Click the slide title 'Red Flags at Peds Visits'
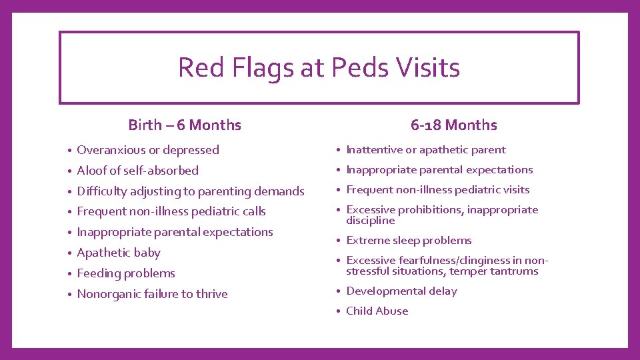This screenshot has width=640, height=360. [x=319, y=67]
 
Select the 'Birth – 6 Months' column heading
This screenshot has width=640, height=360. [x=185, y=125]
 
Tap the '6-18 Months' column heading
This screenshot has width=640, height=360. [x=453, y=125]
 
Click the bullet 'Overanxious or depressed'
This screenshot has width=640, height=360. [x=148, y=150]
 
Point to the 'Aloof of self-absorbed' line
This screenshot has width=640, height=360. [x=137, y=171]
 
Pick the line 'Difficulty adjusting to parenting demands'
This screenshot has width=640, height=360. [x=191, y=191]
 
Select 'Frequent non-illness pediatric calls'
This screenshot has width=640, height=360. [x=171, y=212]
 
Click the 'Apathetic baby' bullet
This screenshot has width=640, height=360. [x=119, y=253]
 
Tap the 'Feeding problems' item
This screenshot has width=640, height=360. [x=126, y=273]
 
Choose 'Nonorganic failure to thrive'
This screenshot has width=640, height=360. [x=152, y=294]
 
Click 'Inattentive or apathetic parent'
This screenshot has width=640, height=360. [x=426, y=150]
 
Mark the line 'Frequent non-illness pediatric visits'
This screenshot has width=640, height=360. [x=437, y=190]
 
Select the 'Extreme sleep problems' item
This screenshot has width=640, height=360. [x=409, y=241]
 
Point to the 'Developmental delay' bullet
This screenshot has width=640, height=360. [x=401, y=291]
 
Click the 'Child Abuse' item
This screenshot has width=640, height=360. [x=377, y=311]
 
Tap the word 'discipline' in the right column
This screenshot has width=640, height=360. [x=370, y=221]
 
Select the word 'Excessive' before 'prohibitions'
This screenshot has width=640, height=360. [x=370, y=210]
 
